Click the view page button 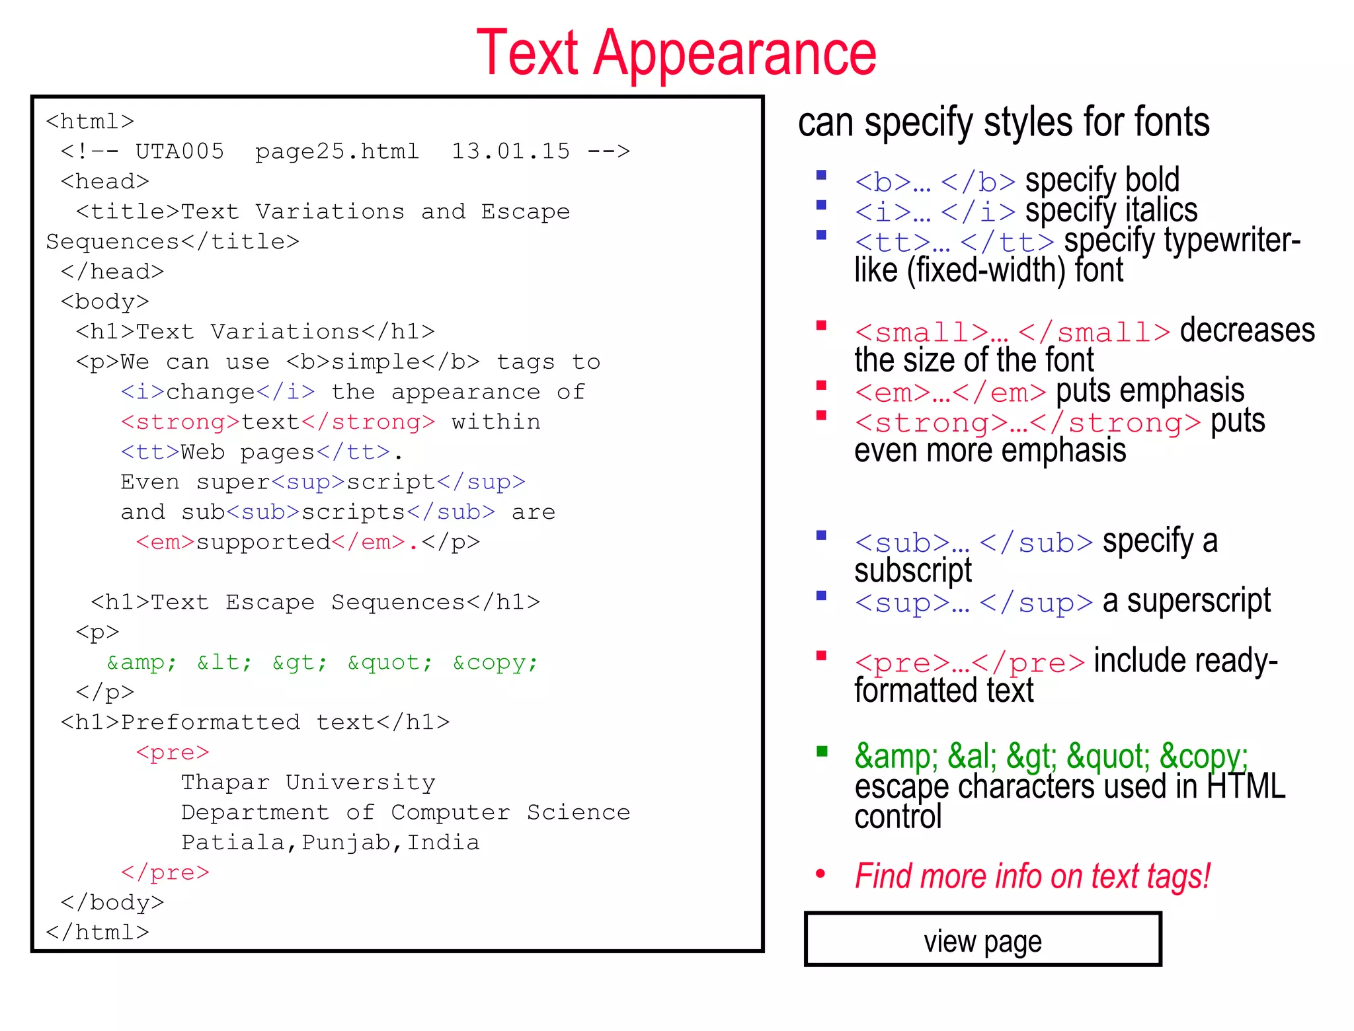(x=982, y=940)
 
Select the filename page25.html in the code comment (x=337, y=151)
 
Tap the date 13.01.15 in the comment (x=510, y=151)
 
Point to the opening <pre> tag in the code (x=173, y=752)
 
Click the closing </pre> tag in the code (x=165, y=872)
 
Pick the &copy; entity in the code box (x=495, y=662)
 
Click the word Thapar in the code (x=225, y=783)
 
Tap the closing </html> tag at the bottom (x=98, y=933)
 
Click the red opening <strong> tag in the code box (x=180, y=422)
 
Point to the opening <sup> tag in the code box (x=308, y=482)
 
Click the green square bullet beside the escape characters (x=822, y=751)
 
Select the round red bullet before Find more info (x=820, y=874)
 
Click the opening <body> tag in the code (x=105, y=301)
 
